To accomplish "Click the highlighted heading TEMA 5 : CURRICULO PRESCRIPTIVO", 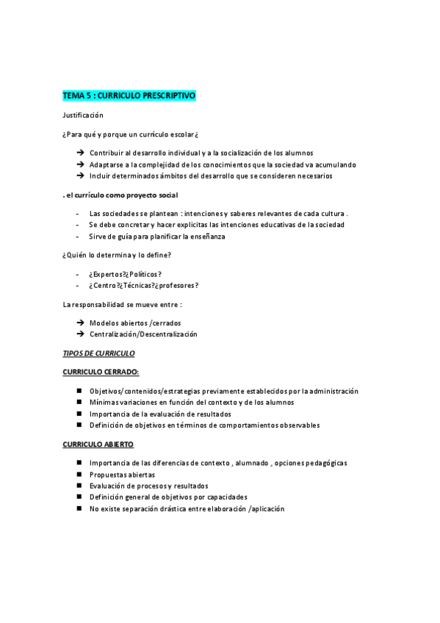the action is (129, 96).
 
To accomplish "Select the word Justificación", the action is (83, 115).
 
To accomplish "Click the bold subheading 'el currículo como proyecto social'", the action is (121, 195).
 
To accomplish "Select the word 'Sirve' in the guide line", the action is (98, 237).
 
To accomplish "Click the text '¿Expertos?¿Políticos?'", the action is (125, 273).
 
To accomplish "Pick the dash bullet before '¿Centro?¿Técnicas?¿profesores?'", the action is (77, 285).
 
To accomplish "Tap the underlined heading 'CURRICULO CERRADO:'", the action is (101, 372).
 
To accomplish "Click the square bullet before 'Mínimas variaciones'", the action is (79, 403).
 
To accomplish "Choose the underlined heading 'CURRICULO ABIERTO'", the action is (98, 444).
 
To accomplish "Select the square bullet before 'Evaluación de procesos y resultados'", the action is (79, 486).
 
